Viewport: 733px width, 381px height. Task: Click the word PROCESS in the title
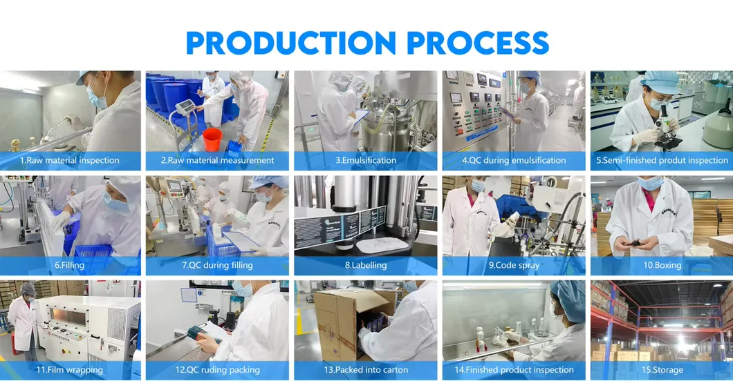click(x=477, y=43)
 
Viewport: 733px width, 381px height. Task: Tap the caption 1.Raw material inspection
click(x=69, y=160)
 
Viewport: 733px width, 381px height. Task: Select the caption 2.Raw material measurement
click(x=217, y=160)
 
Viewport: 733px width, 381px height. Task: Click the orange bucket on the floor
click(x=212, y=139)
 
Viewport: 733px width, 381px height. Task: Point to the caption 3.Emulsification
click(x=365, y=160)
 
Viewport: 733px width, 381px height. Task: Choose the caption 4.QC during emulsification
click(x=514, y=160)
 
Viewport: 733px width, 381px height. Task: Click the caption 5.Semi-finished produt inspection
click(x=662, y=160)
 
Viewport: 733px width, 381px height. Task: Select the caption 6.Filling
click(x=69, y=265)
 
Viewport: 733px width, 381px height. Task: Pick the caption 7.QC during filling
click(x=217, y=265)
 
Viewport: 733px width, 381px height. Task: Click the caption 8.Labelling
click(x=365, y=265)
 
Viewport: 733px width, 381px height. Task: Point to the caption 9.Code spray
click(x=514, y=265)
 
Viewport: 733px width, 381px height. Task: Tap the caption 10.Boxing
click(x=662, y=265)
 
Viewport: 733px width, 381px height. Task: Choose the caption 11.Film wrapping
click(x=69, y=370)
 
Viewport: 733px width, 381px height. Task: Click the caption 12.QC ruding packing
click(x=217, y=370)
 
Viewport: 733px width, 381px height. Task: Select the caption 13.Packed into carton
click(x=365, y=370)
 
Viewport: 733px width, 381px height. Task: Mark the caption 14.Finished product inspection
click(x=514, y=370)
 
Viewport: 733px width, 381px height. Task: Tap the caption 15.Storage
click(x=662, y=370)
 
